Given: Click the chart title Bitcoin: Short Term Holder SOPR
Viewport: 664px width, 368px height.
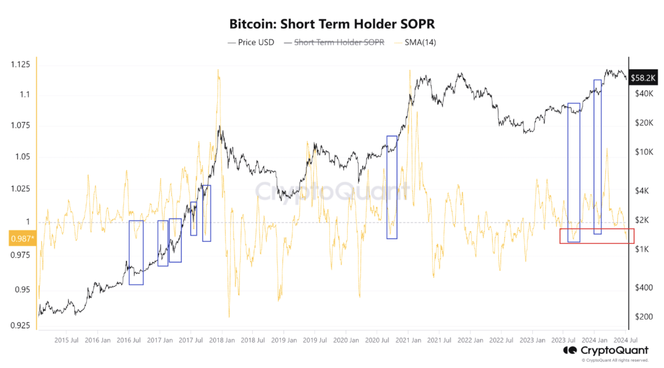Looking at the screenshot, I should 332,24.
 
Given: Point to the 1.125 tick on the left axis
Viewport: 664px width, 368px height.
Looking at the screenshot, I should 21,64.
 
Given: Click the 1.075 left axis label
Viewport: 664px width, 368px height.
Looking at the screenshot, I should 21,125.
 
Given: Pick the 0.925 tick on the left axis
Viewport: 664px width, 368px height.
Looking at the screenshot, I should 21,325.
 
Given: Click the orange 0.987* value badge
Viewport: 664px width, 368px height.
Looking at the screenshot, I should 22,238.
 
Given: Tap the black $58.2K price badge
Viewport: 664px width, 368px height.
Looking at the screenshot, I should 643,78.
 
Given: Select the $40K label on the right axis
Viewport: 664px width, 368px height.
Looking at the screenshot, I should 644,93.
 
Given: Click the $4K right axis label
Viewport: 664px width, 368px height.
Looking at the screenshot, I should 642,191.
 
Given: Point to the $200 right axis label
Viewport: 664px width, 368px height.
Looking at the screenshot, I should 644,317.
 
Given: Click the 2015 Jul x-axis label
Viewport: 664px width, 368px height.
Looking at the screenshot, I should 66,340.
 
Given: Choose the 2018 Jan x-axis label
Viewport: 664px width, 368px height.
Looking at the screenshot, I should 222,340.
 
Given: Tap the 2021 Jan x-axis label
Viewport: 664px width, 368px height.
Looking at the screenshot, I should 408,340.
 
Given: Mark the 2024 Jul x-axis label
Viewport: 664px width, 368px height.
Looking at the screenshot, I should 625,340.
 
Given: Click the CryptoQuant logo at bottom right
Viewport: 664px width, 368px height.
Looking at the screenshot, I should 606,350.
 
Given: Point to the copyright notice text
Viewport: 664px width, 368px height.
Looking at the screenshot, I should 615,360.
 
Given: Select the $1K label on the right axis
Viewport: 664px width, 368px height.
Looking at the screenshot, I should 642,249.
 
